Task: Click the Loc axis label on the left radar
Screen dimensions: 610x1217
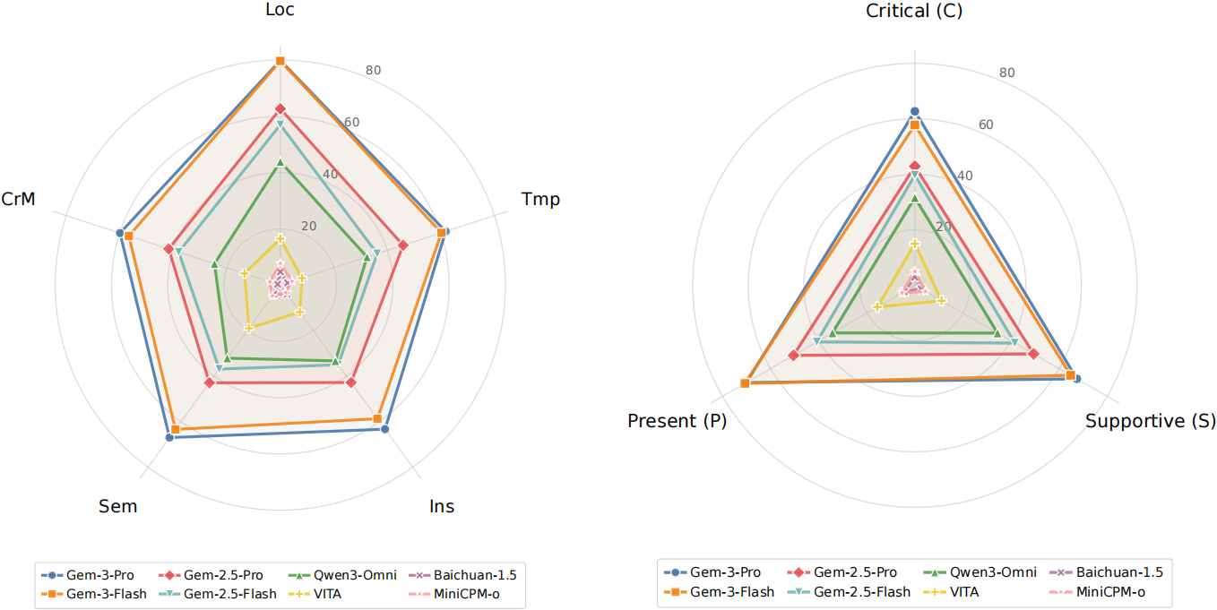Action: (x=280, y=11)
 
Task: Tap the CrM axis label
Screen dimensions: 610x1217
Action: (x=19, y=199)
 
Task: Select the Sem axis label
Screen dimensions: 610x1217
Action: (x=117, y=506)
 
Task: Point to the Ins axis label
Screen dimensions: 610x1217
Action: (x=442, y=506)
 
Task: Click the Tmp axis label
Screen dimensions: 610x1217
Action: (x=540, y=199)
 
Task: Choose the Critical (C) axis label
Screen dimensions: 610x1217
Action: (x=914, y=11)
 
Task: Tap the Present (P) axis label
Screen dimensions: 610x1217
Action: (x=678, y=421)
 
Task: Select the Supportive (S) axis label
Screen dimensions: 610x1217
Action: (x=1151, y=421)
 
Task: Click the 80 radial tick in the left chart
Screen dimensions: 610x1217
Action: (x=374, y=71)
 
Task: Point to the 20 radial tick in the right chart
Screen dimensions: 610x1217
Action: (x=943, y=226)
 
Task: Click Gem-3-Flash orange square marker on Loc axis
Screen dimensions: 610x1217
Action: (x=280, y=61)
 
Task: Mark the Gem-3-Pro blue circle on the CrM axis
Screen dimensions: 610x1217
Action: (x=120, y=234)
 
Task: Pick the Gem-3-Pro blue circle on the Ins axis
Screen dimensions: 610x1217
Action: (x=384, y=430)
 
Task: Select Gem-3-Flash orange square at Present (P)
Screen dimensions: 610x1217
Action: (x=745, y=383)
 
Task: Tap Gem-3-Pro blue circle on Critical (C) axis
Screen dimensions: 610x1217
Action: (x=914, y=111)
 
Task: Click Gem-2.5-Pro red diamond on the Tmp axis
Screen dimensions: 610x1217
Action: (x=402, y=245)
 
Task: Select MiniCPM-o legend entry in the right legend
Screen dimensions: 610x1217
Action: (x=1108, y=591)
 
